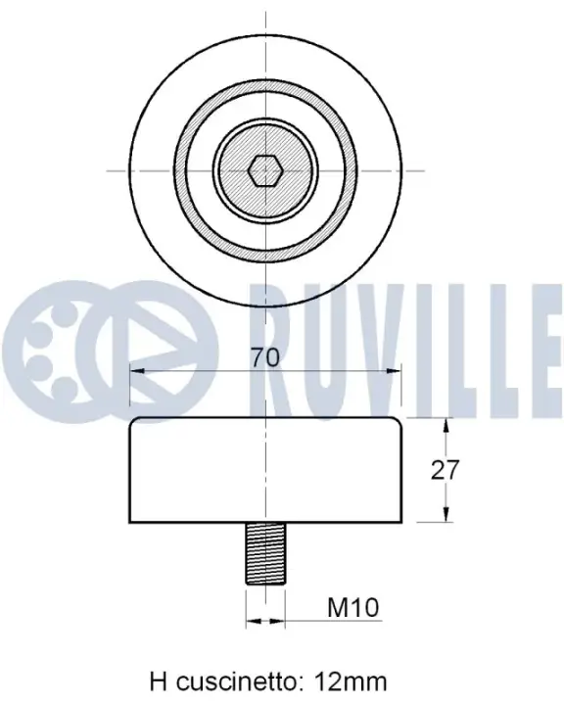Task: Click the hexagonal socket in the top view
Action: click(x=265, y=170)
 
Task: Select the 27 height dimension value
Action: click(x=445, y=470)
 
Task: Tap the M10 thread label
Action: click(x=353, y=607)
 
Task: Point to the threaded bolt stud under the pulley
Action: click(x=265, y=553)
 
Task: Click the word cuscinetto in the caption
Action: click(x=236, y=681)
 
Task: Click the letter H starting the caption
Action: click(x=159, y=681)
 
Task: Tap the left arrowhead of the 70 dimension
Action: click(x=137, y=371)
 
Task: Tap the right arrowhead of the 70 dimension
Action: click(x=393, y=371)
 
